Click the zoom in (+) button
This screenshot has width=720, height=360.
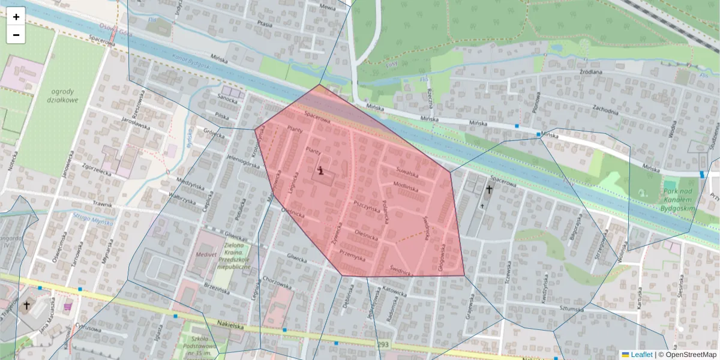pyautogui.click(x=16, y=17)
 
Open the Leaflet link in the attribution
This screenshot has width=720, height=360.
pyautogui.click(x=641, y=355)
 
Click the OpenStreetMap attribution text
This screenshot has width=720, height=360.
pyautogui.click(x=687, y=355)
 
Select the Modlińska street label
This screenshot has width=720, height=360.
pyautogui.click(x=406, y=187)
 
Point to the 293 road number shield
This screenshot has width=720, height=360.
pyautogui.click(x=383, y=345)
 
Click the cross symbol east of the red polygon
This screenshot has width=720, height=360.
pyautogui.click(x=488, y=190)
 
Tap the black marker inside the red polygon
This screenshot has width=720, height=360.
pyautogui.click(x=322, y=171)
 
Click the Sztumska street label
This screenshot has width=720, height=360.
pyautogui.click(x=571, y=308)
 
